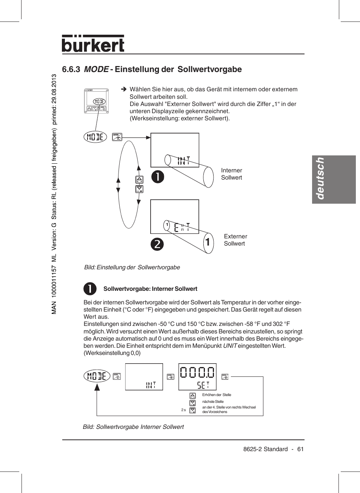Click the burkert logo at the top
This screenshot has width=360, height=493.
[x=93, y=44]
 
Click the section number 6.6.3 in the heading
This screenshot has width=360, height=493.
[x=71, y=69]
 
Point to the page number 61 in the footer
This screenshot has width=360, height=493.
[x=300, y=449]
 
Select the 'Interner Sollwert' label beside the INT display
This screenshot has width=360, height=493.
[x=232, y=174]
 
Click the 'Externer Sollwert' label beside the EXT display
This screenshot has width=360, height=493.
[x=235, y=240]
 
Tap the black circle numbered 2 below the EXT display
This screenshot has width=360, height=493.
[x=157, y=244]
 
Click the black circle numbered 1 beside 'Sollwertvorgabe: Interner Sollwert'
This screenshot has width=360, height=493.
[x=90, y=289]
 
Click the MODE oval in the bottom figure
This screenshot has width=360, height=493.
[x=97, y=376]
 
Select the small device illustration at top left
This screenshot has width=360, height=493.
[x=96, y=101]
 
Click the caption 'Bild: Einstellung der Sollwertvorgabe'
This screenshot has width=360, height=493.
[x=132, y=267]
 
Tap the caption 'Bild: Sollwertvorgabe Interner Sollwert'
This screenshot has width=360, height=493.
[x=133, y=427]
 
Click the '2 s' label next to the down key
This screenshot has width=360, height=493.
[x=183, y=410]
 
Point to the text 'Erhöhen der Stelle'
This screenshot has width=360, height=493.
[x=217, y=395]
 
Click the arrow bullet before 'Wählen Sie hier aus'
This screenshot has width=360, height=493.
[x=123, y=89]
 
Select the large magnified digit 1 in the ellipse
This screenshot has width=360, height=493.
[x=208, y=242]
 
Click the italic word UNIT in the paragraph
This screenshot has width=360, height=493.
[x=230, y=346]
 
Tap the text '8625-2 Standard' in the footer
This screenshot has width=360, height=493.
[x=265, y=449]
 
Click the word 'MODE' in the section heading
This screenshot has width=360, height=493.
[x=96, y=69]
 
